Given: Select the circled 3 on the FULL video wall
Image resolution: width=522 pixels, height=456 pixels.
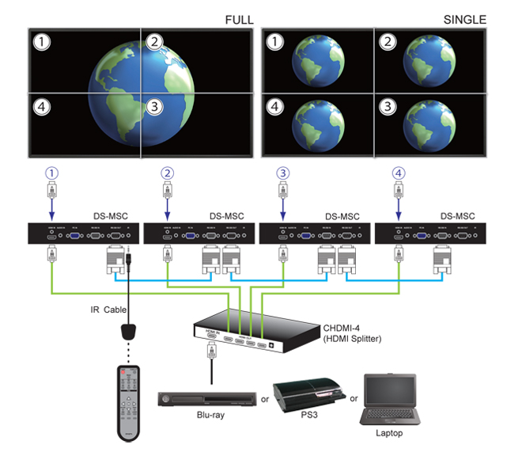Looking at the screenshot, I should (x=154, y=106).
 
